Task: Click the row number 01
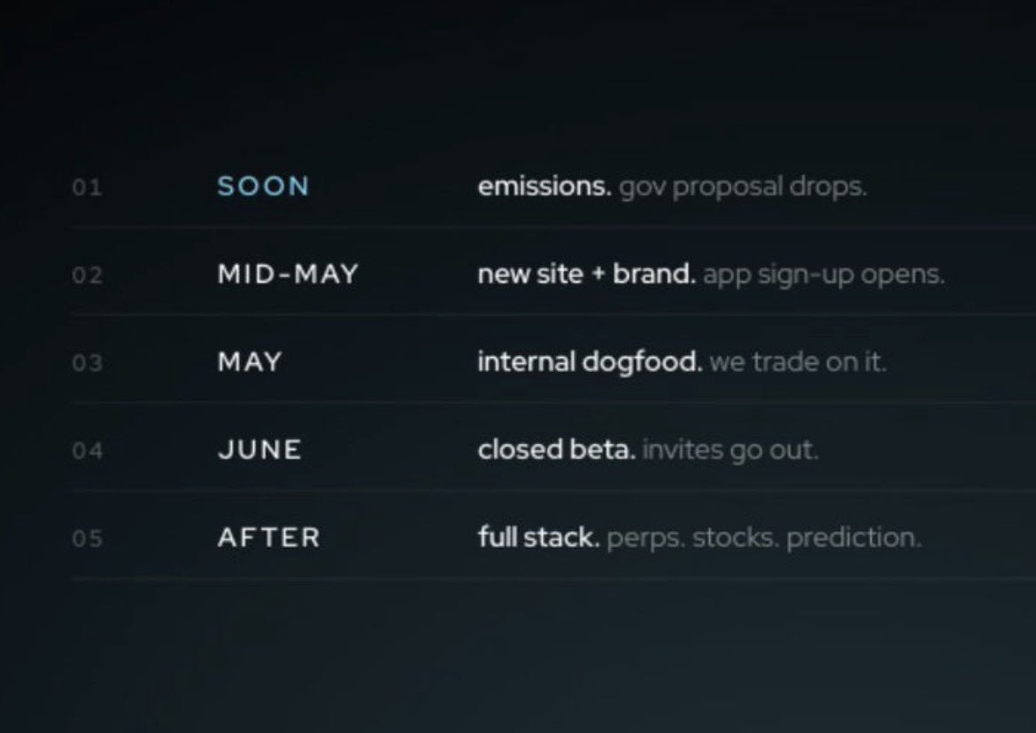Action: tap(87, 188)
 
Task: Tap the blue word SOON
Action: tap(263, 186)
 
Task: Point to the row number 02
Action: tap(87, 275)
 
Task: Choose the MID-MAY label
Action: tap(288, 274)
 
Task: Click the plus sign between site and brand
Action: tap(598, 274)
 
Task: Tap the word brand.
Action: tap(653, 274)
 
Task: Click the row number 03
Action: tap(87, 363)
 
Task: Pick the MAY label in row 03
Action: tap(249, 362)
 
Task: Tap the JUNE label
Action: tap(259, 450)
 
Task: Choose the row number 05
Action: tap(87, 538)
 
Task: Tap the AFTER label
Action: tap(268, 537)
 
